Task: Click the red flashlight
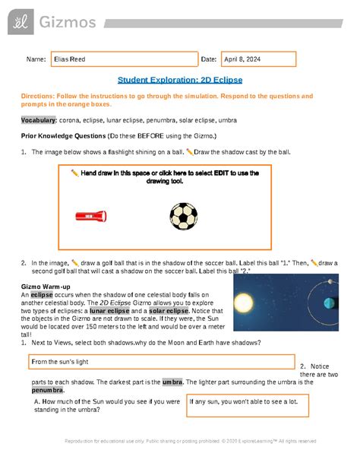tap(90, 217)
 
